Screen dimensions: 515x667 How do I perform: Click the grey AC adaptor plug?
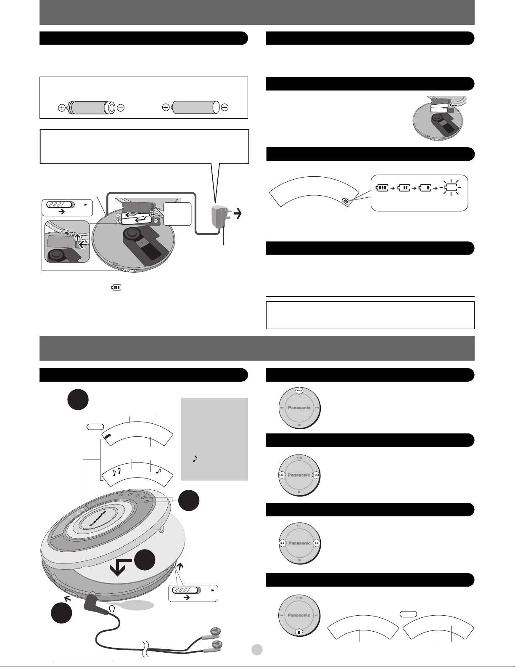pos(220,217)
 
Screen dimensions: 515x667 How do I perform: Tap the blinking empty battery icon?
pos(450,187)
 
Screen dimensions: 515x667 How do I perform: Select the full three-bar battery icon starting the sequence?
pos(382,187)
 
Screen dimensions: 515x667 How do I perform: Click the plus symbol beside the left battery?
pos(62,108)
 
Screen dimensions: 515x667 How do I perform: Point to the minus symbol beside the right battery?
pos(224,107)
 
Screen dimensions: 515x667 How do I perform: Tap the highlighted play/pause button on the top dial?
pos(299,391)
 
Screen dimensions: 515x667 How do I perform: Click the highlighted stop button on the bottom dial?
pos(299,632)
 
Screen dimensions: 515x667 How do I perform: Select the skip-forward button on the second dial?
pos(317,475)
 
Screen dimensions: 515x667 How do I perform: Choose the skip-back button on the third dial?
pos(282,543)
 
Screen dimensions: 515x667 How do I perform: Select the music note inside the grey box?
pos(195,458)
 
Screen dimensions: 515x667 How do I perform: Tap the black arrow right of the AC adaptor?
pos(238,213)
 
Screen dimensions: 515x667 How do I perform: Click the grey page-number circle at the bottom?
pos(257,649)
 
